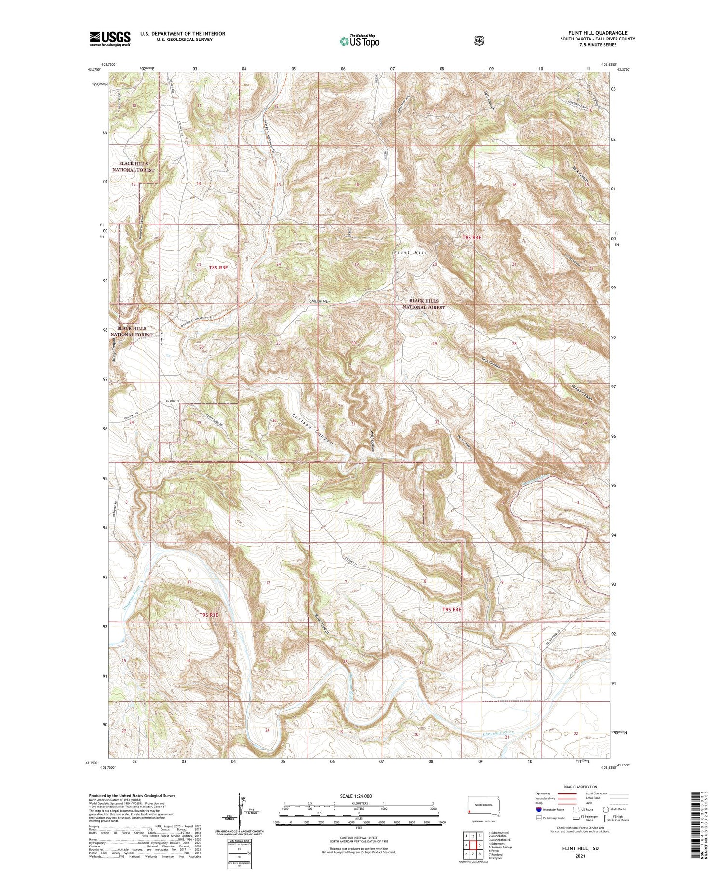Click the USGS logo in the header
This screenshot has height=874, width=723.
coord(110,39)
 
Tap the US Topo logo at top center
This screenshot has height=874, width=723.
coord(359,41)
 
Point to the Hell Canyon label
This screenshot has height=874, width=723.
coord(489,101)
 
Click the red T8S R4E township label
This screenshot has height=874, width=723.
coord(472,238)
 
